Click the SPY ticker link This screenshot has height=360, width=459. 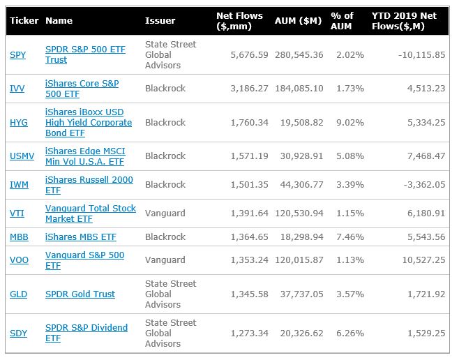pyautogui.click(x=18, y=54)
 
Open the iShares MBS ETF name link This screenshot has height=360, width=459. pyautogui.click(x=81, y=237)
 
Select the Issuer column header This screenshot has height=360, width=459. pyautogui.click(x=160, y=20)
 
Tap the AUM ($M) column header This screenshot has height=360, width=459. pyautogui.click(x=298, y=20)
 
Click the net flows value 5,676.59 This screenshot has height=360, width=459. pyautogui.click(x=249, y=54)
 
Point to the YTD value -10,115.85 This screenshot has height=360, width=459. pyautogui.click(x=421, y=54)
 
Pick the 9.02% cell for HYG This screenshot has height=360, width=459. pyautogui.click(x=350, y=122)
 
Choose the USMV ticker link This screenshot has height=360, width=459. pyautogui.click(x=22, y=156)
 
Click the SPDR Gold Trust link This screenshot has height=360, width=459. pyautogui.click(x=80, y=294)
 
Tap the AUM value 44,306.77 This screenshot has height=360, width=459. pyautogui.click(x=302, y=185)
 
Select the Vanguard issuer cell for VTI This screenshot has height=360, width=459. pyautogui.click(x=165, y=213)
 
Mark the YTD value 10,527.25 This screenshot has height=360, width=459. pyautogui.click(x=423, y=260)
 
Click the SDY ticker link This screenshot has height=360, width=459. pyautogui.click(x=18, y=333)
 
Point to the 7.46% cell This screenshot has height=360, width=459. pyautogui.click(x=350, y=237)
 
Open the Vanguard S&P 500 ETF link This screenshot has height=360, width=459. pyautogui.click(x=85, y=260)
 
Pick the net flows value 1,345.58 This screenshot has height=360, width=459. pyautogui.click(x=249, y=294)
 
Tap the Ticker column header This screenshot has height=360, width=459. pyautogui.click(x=24, y=20)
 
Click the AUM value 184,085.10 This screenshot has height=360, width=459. pyautogui.click(x=299, y=89)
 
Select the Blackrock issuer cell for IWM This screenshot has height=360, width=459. pyautogui.click(x=165, y=185)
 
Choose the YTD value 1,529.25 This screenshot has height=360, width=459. pyautogui.click(x=426, y=333)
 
